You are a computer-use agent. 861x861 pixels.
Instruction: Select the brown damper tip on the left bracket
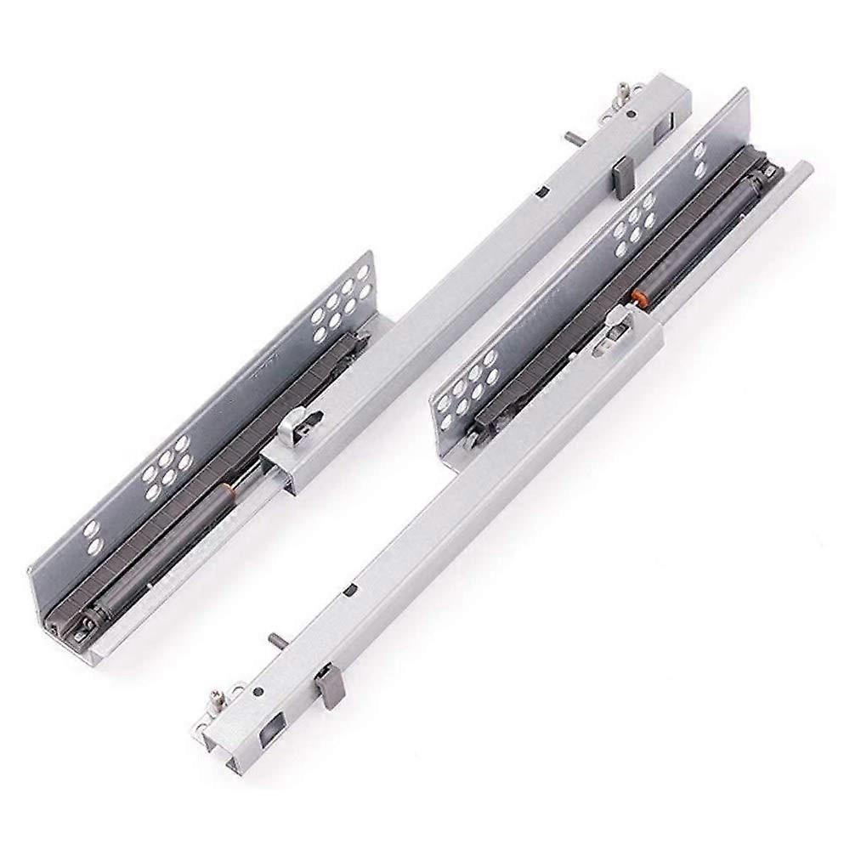click(x=226, y=490)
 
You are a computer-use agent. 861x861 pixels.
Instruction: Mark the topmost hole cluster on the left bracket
click(x=340, y=302)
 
